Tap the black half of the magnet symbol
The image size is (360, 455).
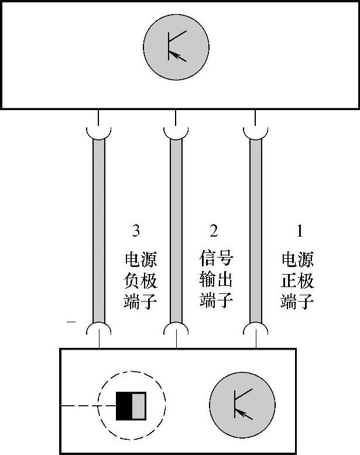point(124,405)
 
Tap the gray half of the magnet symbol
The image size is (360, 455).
point(138,405)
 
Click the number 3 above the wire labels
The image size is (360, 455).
point(136,231)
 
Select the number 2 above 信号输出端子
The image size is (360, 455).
point(214,231)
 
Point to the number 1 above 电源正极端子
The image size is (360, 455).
point(300,231)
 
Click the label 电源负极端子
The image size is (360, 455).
point(141,280)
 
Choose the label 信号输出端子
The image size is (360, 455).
point(217,280)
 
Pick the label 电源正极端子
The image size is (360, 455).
point(297,280)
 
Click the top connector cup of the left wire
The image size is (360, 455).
point(99,132)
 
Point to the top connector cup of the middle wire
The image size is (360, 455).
point(176,132)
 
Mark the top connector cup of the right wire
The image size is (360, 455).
point(255,132)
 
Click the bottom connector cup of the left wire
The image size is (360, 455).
point(99,329)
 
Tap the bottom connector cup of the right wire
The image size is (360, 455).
point(255,329)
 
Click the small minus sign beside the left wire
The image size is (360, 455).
point(71,321)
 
